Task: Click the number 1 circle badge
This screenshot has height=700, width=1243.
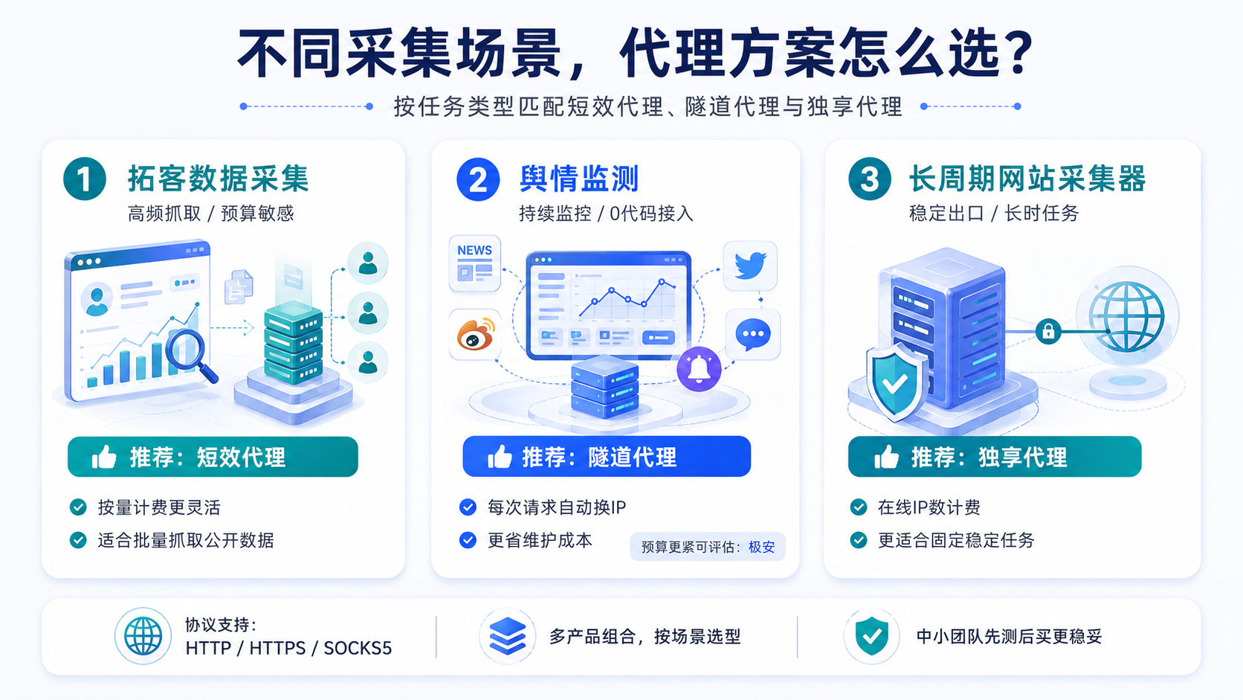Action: (84, 179)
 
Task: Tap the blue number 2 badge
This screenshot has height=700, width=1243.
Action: (478, 179)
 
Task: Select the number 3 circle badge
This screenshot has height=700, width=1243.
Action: (870, 179)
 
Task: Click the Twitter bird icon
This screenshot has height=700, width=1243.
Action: (750, 266)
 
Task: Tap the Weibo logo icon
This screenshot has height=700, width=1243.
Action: (475, 335)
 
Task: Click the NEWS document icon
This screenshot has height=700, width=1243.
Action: (475, 263)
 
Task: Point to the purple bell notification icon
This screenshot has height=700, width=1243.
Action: (699, 369)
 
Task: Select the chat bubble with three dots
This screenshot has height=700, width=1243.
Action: (753, 334)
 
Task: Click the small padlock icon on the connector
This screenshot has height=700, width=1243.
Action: (1048, 332)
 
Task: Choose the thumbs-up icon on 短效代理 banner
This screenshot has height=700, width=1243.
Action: (104, 457)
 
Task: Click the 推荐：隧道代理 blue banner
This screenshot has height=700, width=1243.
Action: (607, 456)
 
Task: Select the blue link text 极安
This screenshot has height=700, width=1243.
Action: (761, 547)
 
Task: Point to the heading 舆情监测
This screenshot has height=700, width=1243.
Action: (579, 179)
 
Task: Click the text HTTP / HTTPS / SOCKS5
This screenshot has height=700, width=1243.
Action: (288, 648)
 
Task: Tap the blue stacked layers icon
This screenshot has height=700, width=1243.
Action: (507, 636)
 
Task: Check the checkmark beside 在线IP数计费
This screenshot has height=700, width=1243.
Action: (859, 507)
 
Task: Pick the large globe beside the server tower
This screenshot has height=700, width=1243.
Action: (1126, 316)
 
